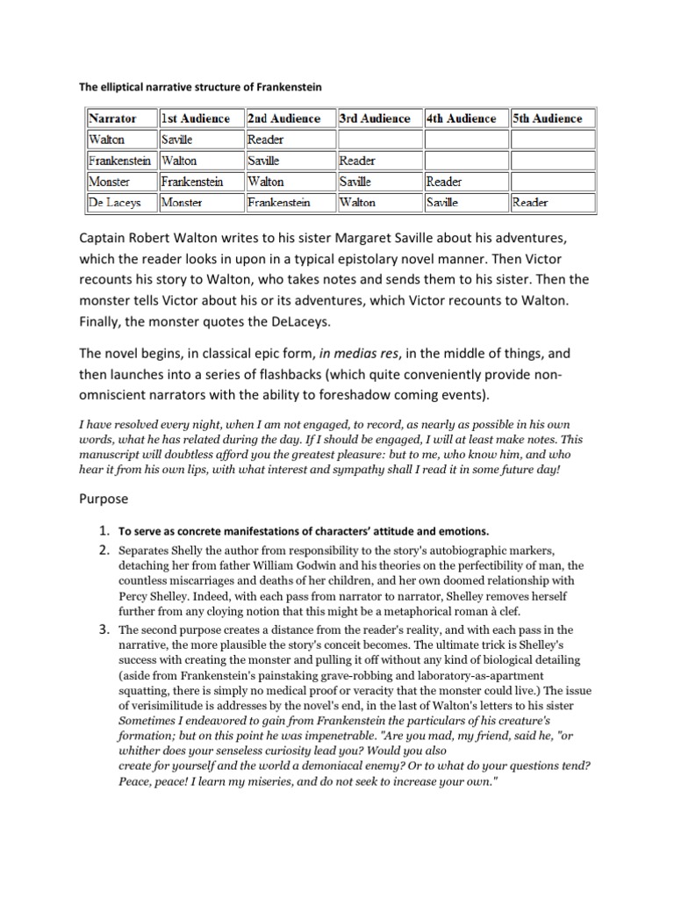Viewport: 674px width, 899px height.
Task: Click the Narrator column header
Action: [112, 119]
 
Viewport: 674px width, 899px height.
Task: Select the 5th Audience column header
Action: [547, 119]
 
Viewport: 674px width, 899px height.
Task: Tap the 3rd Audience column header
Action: [375, 119]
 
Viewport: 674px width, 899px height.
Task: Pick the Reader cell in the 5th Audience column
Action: [531, 203]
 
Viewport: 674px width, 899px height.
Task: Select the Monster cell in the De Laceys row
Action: [182, 203]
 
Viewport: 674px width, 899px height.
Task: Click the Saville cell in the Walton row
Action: [178, 140]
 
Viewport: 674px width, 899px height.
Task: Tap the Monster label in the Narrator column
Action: [109, 182]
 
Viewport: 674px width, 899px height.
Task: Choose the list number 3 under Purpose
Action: [103, 630]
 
